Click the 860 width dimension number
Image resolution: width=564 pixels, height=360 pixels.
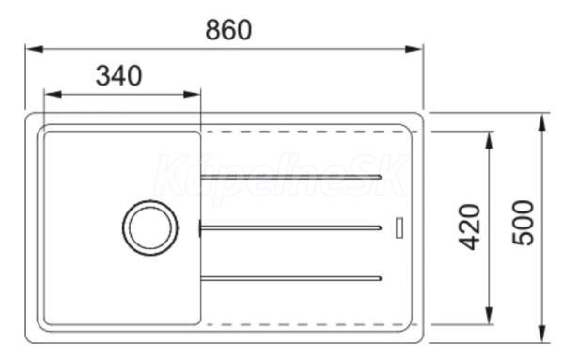point(228,30)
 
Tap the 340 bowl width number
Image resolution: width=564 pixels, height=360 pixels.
point(119,75)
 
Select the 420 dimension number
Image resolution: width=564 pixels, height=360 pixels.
point(470,227)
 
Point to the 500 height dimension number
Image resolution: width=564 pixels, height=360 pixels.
point(524,223)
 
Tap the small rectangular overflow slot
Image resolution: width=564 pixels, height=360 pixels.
point(399,227)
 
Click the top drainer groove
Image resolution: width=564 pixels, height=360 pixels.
point(290,177)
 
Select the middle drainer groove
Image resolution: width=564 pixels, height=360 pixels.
point(290,227)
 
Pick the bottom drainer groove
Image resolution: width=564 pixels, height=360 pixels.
point(290,279)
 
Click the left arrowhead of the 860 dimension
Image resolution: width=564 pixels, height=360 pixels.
point(35,49)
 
